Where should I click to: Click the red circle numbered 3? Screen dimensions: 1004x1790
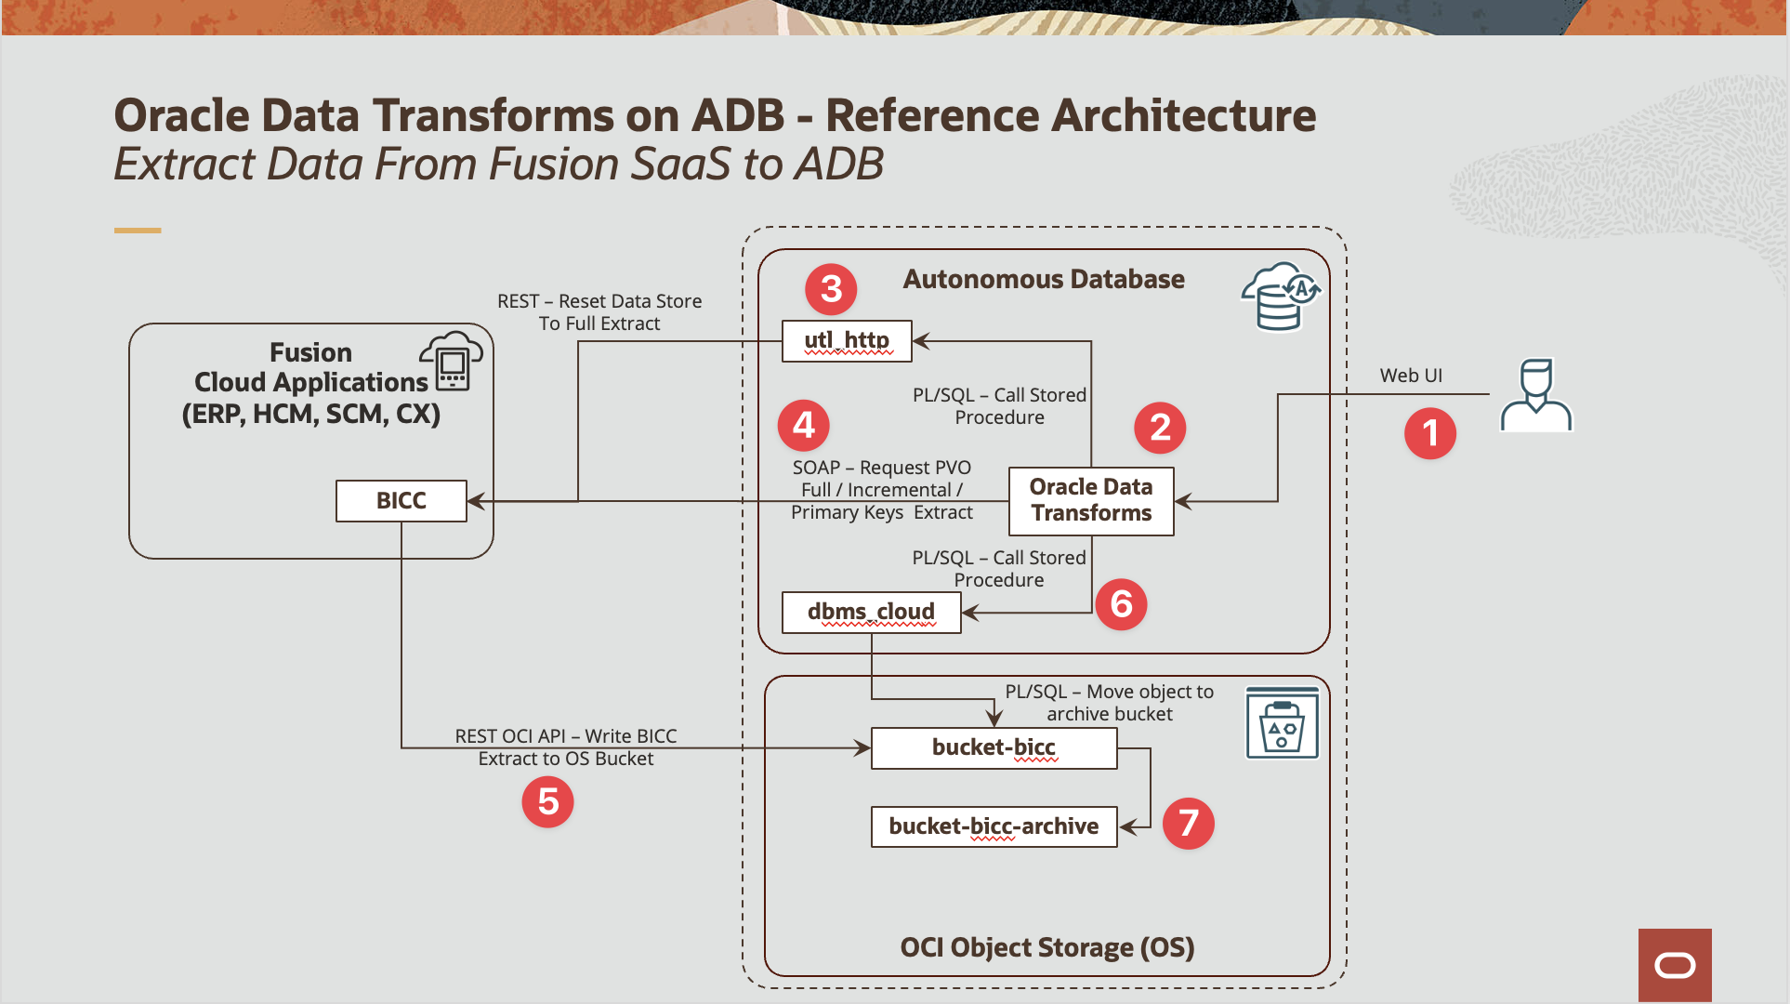[831, 288]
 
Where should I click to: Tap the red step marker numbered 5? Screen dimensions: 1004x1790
[547, 801]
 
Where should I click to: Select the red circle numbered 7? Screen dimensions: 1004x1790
[1188, 823]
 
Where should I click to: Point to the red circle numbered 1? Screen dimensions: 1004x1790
[1429, 433]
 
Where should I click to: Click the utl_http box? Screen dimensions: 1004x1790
[847, 341]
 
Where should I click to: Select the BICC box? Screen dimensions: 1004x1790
[401, 501]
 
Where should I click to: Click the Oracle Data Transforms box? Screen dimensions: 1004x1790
[1091, 501]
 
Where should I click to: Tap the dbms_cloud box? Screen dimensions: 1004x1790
[871, 613]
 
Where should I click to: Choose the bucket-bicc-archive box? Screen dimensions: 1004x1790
[994, 826]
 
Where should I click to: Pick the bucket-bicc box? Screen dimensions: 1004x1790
[994, 748]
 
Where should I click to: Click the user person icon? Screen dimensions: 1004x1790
[1536, 396]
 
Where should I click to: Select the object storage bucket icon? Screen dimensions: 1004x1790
[1282, 723]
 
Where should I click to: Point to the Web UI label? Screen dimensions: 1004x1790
[1411, 376]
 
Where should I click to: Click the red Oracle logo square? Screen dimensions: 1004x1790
[1675, 965]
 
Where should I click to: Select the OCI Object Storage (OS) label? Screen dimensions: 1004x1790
[1046, 947]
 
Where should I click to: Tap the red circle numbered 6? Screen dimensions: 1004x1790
[1121, 604]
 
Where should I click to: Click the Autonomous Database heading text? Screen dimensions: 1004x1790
[1044, 279]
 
